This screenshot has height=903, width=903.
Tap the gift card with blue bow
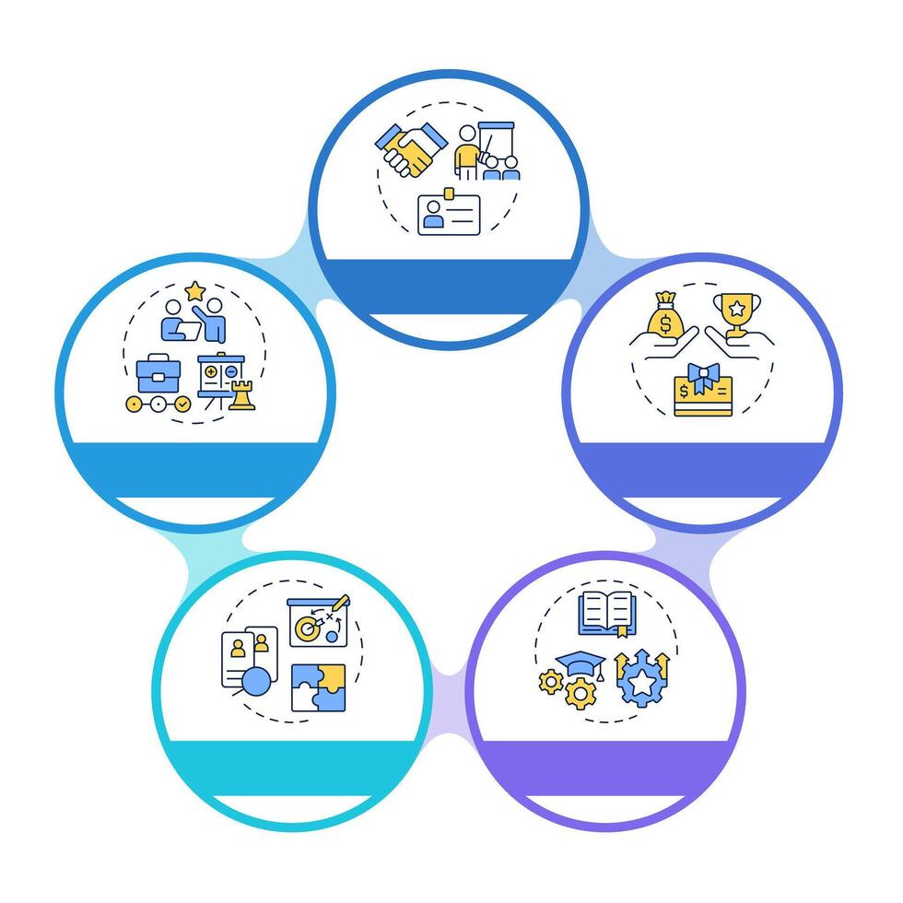(702, 391)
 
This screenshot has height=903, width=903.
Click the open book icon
(606, 613)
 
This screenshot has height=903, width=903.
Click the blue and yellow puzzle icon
(318, 687)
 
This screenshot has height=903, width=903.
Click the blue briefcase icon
(158, 375)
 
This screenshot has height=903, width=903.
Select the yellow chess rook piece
(241, 395)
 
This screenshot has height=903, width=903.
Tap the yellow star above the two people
(194, 291)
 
